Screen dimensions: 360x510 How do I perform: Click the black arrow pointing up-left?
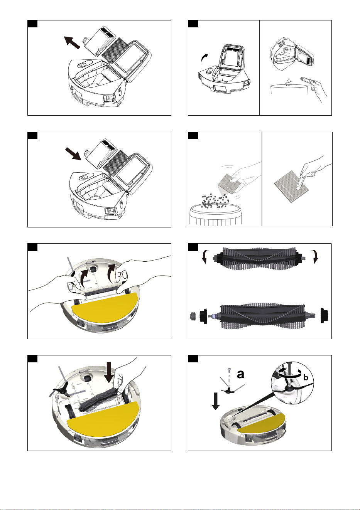tap(72, 42)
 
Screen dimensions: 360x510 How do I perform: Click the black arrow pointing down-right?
tap(73, 153)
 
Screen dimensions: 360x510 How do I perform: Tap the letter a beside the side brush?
tap(240, 374)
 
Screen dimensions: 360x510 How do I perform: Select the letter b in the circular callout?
tap(306, 377)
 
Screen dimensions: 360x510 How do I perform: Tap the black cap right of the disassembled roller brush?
tap(324, 315)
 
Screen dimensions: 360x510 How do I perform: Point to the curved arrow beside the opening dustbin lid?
tap(205, 58)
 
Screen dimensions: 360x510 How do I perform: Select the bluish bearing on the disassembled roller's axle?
tap(214, 316)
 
